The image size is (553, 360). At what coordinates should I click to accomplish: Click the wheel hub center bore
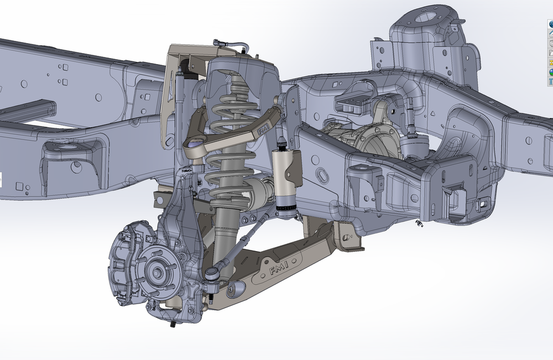pos(156,272)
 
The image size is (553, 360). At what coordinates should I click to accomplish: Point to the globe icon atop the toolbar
pos(551,24)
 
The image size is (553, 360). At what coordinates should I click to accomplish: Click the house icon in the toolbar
pos(551,34)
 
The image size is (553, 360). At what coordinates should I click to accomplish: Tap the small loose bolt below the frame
pos(418,223)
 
